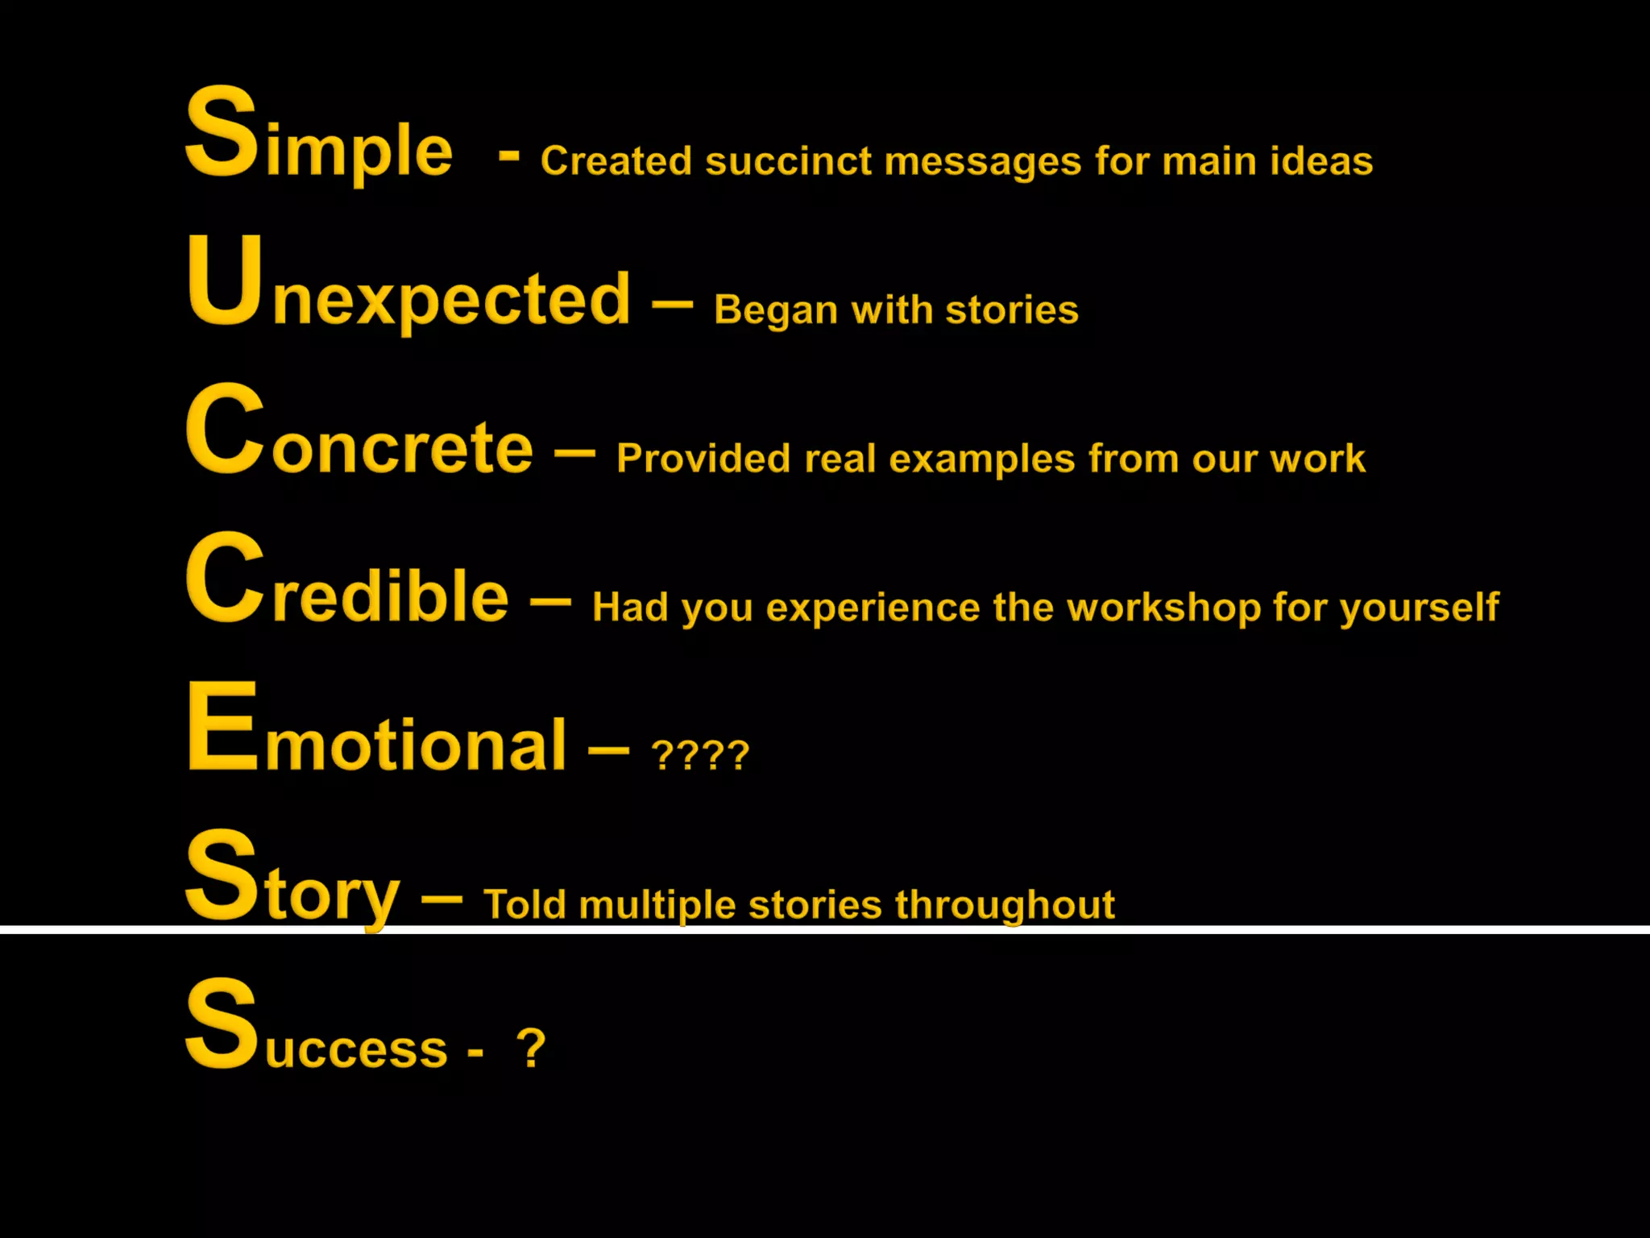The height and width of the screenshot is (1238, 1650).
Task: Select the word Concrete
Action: [359, 435]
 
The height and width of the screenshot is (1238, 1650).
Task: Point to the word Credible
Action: [346, 584]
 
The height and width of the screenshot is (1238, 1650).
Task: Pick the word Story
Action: [292, 883]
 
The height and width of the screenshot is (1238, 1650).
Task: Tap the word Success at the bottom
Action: [316, 1032]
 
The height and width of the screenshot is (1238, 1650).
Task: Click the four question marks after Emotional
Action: [700, 756]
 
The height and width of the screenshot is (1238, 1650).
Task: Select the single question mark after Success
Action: [531, 1048]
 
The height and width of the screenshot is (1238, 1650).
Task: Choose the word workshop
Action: [1163, 608]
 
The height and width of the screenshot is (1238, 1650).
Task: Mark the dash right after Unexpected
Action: [672, 305]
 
